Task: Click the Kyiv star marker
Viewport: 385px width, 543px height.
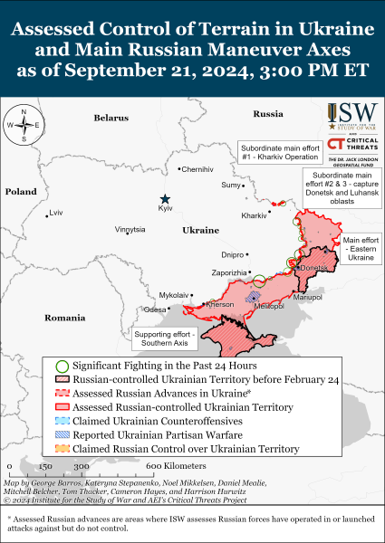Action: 165,199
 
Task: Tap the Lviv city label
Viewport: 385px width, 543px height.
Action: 57,213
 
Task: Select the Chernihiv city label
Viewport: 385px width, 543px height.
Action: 197,169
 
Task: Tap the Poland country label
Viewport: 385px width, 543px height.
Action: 20,192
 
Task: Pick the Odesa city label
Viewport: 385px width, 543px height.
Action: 155,310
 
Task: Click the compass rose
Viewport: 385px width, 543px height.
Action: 24,126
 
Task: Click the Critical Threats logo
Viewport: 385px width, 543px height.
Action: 353,145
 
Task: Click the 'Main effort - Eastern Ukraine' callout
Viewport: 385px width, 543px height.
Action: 360,249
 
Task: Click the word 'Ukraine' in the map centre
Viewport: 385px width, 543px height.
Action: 201,232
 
